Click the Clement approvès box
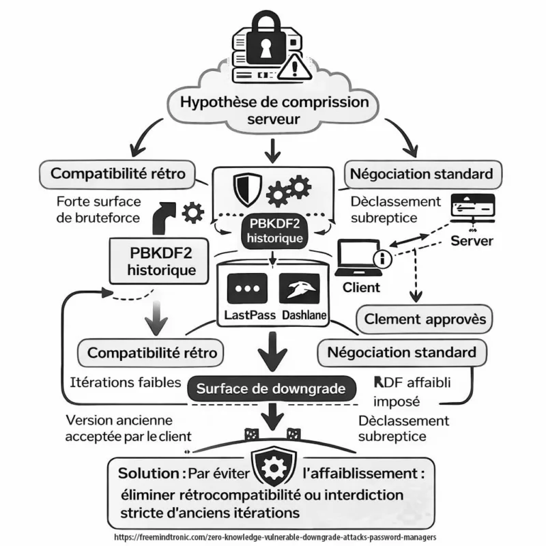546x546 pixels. coord(425,319)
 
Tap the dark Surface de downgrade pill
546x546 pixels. coord(272,389)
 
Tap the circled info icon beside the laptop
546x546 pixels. coord(384,259)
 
